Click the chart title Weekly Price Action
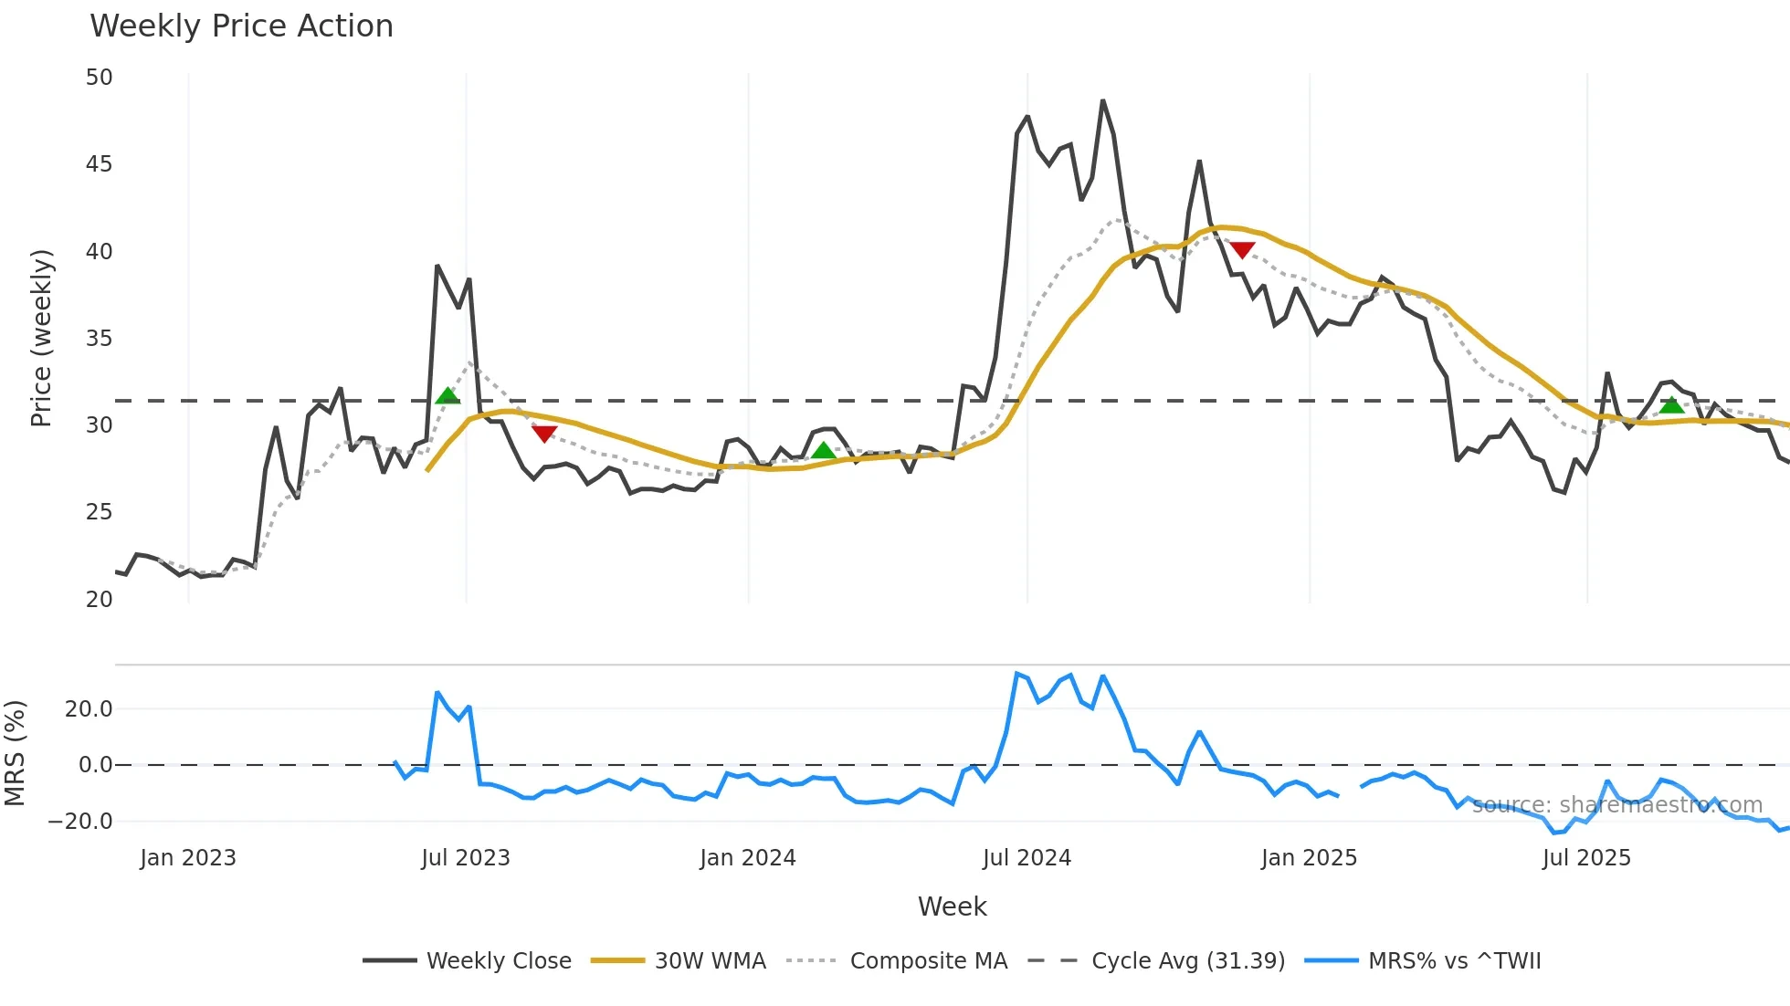coord(241,26)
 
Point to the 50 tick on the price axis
coord(100,78)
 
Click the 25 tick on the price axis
coord(100,512)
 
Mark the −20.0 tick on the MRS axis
coord(80,822)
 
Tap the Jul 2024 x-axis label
coord(1027,858)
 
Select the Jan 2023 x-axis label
coord(188,858)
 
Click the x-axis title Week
coord(952,906)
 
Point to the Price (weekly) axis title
coord(42,338)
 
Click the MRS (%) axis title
coord(16,753)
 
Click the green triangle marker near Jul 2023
coord(447,396)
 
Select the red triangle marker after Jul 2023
coord(544,434)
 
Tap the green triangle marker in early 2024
coord(824,450)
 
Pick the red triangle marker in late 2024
coord(1242,249)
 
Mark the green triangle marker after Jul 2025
coord(1671,404)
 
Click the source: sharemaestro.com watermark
coord(1616,805)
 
